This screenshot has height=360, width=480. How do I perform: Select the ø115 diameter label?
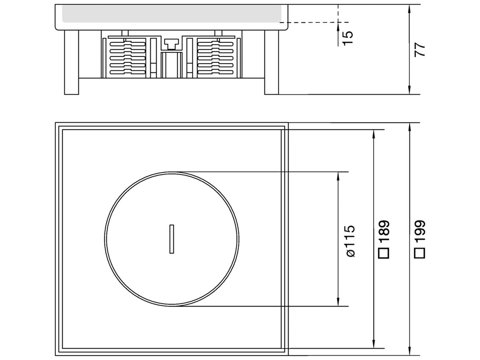click(x=349, y=241)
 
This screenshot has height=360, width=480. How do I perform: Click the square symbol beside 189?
click(x=384, y=253)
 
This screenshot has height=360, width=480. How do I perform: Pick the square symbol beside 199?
click(x=419, y=253)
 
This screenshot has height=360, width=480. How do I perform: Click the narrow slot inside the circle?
click(x=171, y=238)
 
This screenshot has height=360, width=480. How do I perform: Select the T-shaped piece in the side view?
click(x=171, y=44)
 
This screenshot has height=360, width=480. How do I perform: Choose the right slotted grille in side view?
click(x=216, y=57)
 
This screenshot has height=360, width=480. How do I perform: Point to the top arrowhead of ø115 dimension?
click(x=338, y=175)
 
